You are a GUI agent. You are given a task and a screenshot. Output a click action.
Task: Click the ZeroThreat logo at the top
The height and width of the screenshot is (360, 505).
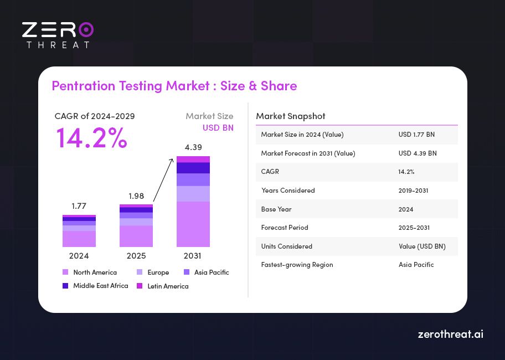[x=58, y=35]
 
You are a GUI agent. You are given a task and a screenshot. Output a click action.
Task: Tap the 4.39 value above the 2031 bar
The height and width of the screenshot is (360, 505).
[x=193, y=147]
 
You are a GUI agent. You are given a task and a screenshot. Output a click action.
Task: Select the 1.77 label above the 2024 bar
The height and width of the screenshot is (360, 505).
[x=79, y=206]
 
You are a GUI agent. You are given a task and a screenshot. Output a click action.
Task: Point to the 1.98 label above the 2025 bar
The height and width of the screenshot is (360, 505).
[x=136, y=196]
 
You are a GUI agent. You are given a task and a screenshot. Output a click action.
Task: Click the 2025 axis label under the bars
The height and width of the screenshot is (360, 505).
[x=136, y=256]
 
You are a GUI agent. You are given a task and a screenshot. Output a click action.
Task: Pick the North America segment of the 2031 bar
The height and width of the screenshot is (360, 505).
[x=193, y=224]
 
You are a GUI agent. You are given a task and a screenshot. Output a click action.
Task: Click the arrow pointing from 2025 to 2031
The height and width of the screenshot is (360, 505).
[x=164, y=180]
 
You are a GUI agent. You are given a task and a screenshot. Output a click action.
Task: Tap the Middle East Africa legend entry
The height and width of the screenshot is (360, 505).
[x=95, y=286]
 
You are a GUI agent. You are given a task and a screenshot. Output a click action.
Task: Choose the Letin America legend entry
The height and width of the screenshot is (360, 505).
[x=163, y=286]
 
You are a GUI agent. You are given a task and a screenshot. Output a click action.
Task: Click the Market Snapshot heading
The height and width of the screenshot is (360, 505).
[x=291, y=116]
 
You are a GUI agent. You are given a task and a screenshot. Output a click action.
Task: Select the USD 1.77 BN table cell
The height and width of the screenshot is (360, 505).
[x=416, y=135]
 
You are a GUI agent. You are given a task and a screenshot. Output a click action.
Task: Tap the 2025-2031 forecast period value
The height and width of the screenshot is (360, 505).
[x=414, y=228]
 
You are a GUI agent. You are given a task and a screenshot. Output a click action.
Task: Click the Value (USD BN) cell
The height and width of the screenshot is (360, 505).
[x=422, y=246]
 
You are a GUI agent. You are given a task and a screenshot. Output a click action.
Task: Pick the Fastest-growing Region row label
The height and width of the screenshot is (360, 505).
[x=297, y=265]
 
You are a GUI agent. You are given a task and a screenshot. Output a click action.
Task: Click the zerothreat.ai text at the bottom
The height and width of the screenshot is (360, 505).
[x=450, y=335]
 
